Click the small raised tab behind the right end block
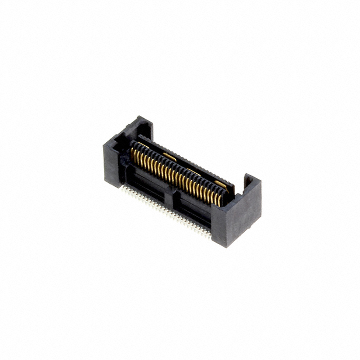tap(247, 181)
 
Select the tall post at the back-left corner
tap(140, 126)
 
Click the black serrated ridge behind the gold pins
tap(180, 163)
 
